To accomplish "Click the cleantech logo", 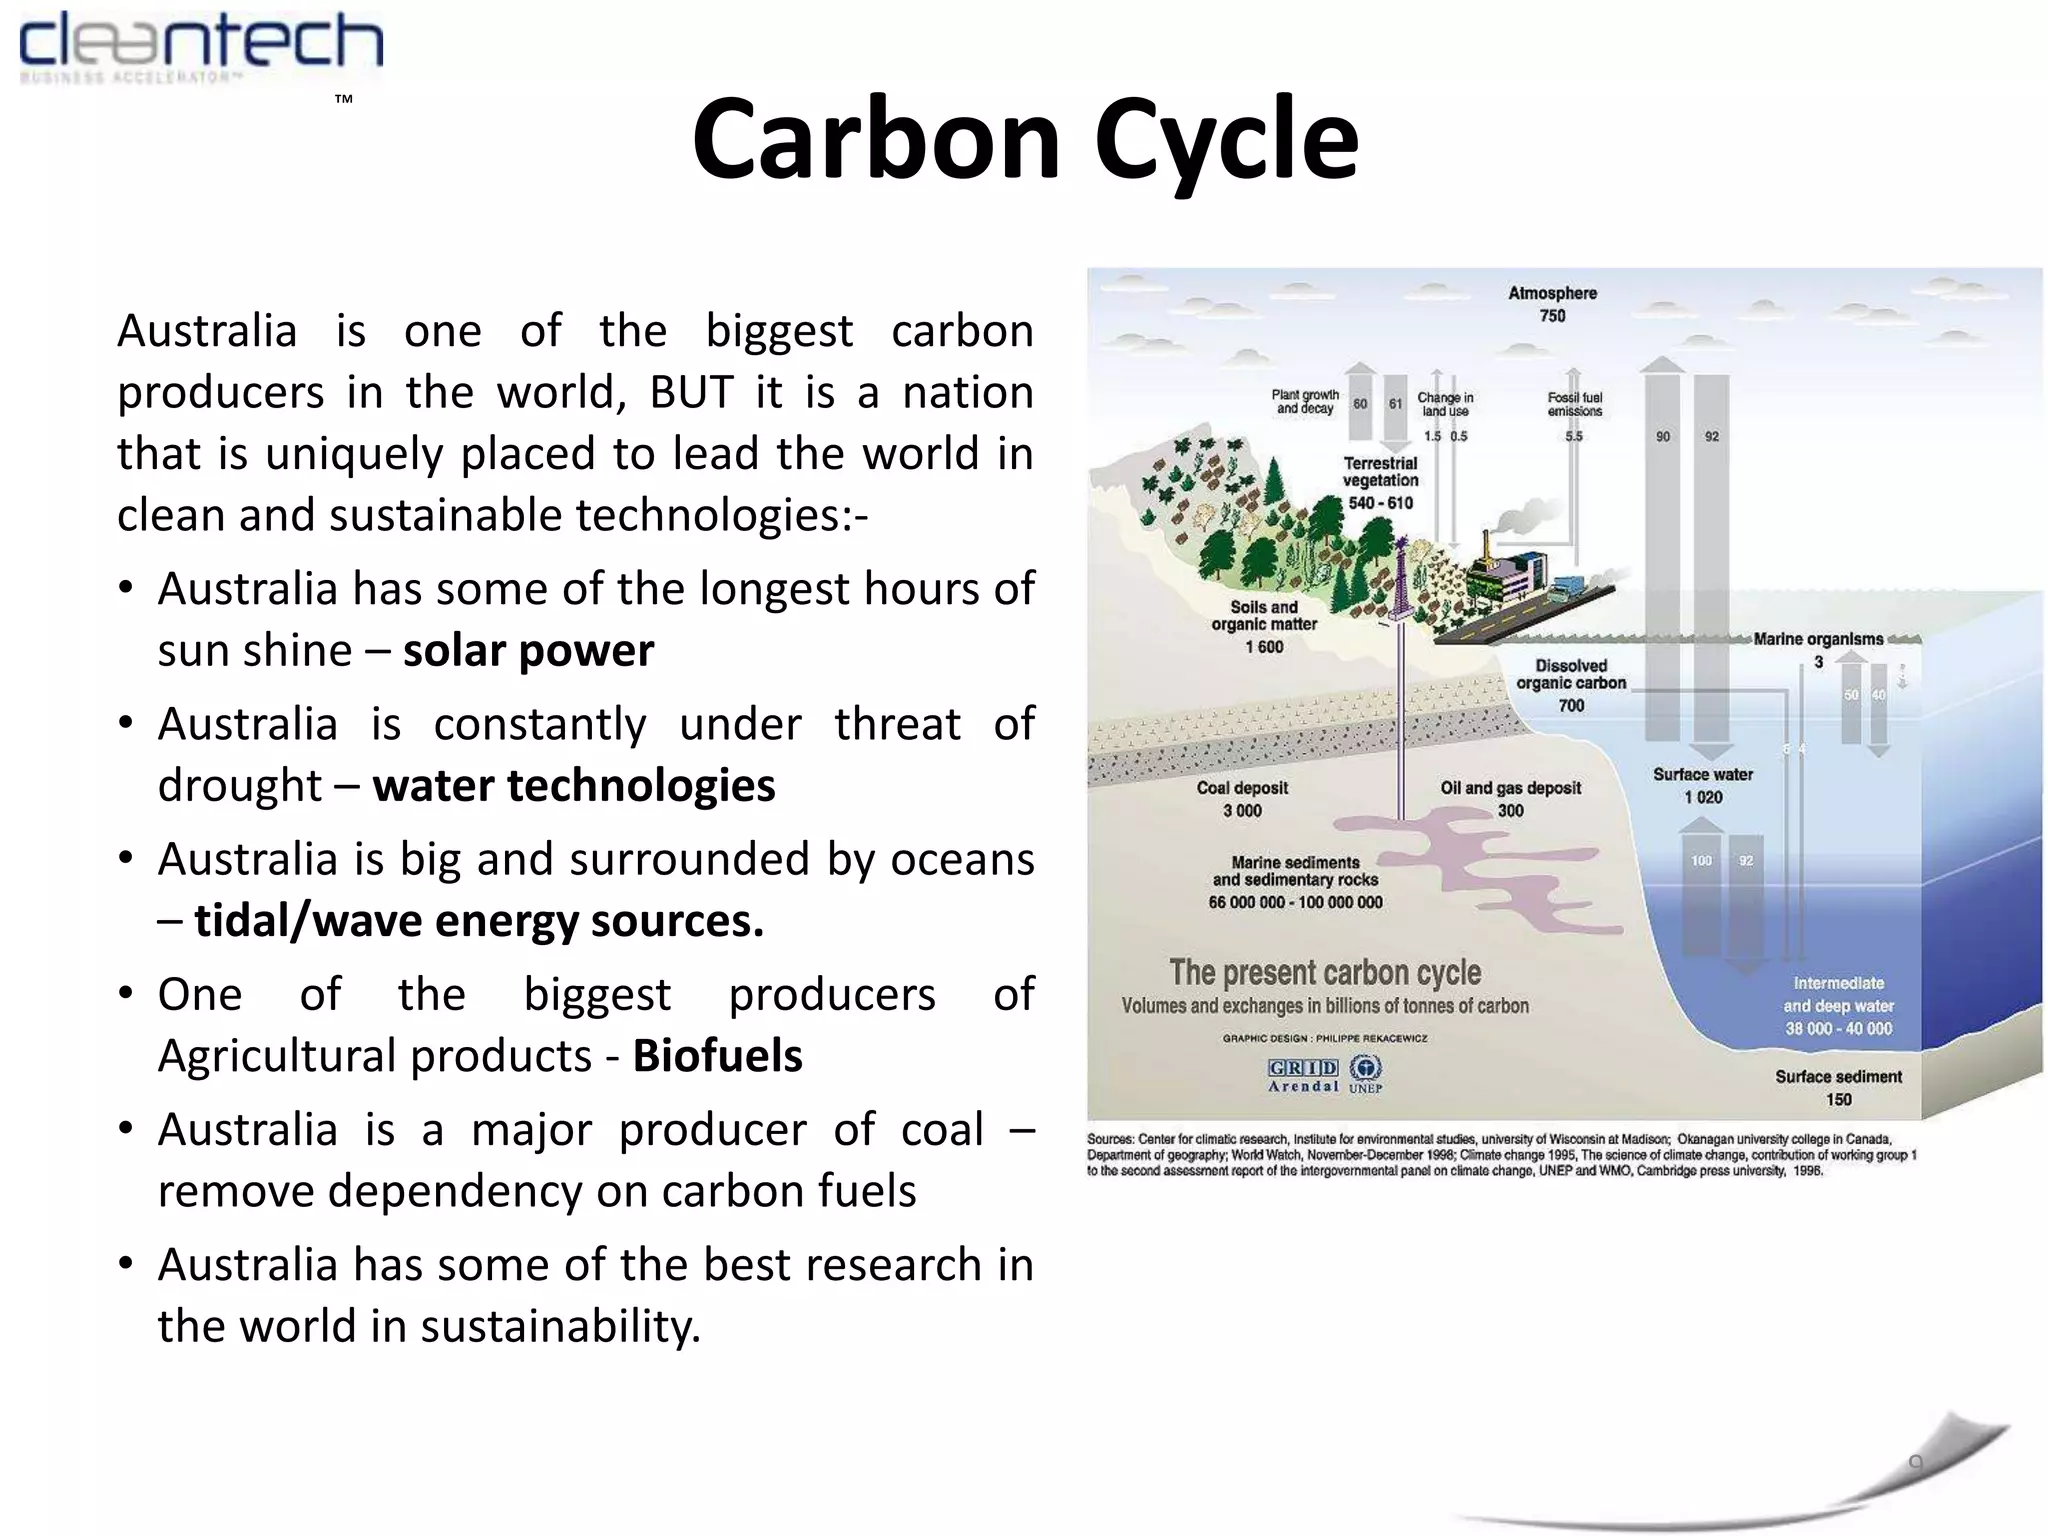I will [x=200, y=48].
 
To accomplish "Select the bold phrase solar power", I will [x=528, y=651].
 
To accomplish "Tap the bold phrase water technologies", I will [x=574, y=786].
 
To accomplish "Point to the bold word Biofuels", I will [x=717, y=1056].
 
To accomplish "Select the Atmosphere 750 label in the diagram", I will [x=1552, y=304].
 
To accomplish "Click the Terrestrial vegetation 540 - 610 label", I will [x=1380, y=482].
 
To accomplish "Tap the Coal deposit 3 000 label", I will [x=1242, y=799].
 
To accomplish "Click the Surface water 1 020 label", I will [x=1702, y=785].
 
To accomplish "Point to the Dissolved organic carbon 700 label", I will [x=1571, y=685].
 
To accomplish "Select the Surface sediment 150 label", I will [x=1838, y=1087].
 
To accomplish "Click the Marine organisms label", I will [x=1818, y=640].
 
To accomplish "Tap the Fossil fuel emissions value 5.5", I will [x=1574, y=436].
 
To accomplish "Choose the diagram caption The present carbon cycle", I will [x=1325, y=972].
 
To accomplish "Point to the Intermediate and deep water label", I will [x=1838, y=1005].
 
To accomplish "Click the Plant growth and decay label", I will [x=1305, y=401].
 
